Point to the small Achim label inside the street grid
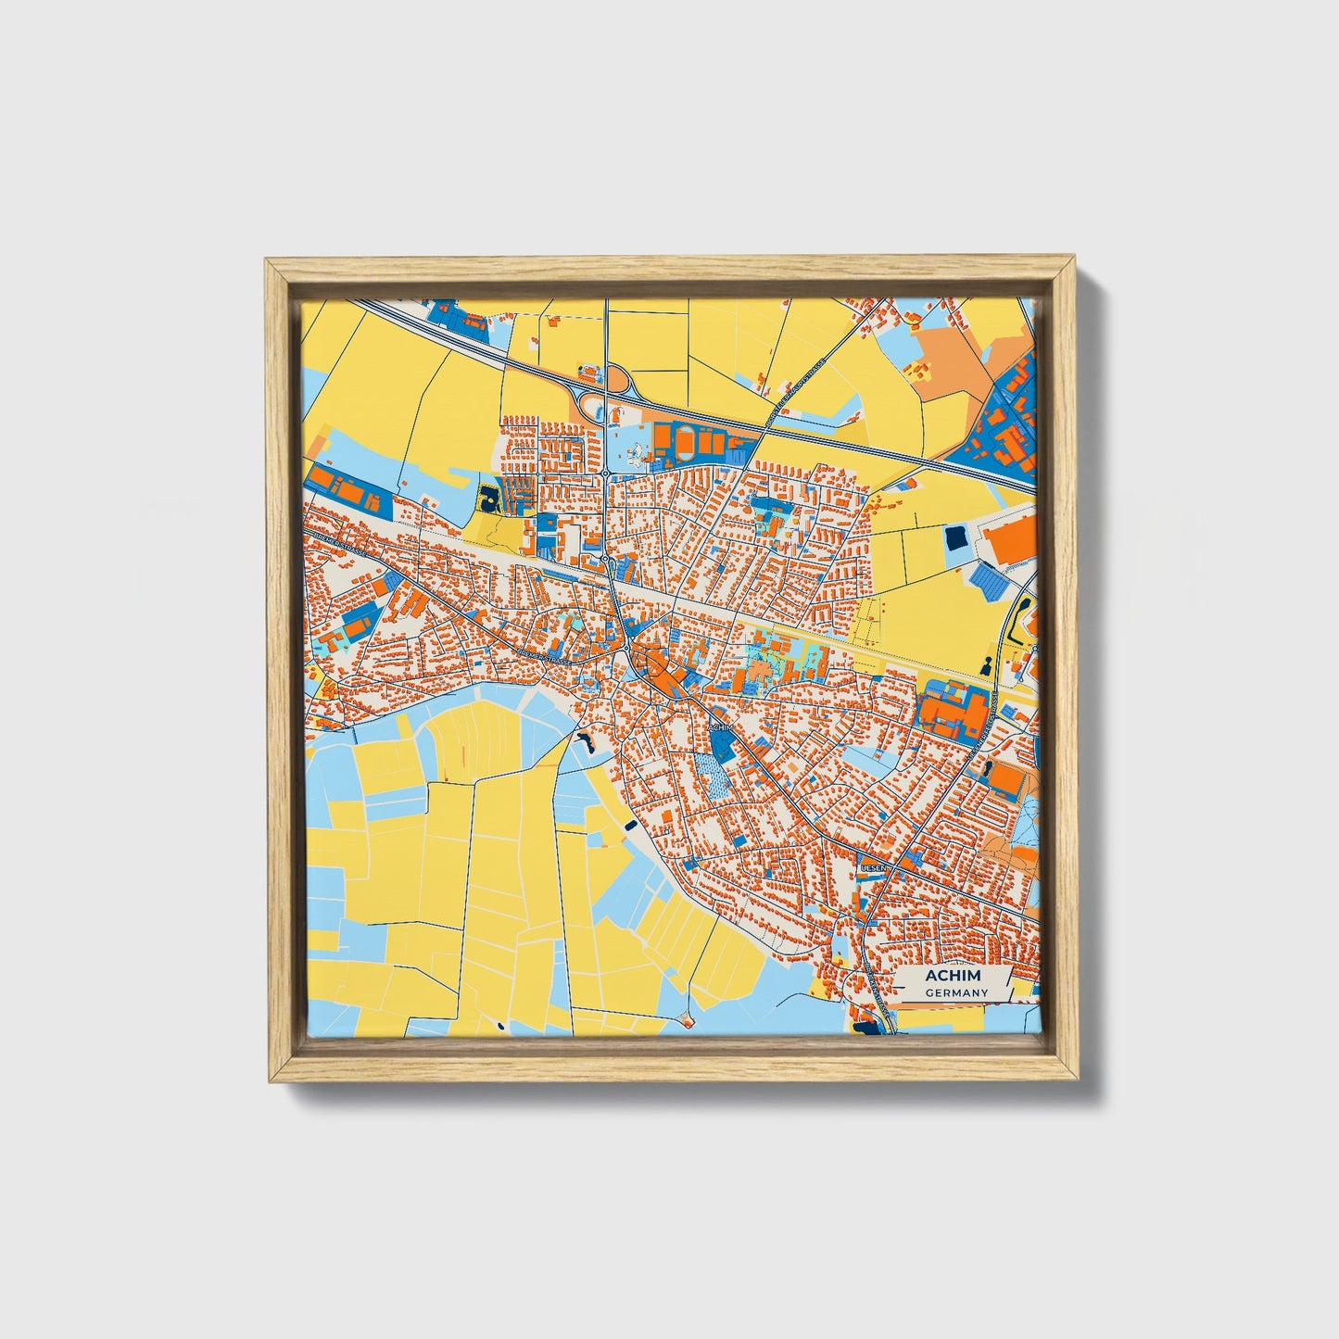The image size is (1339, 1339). (721, 728)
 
